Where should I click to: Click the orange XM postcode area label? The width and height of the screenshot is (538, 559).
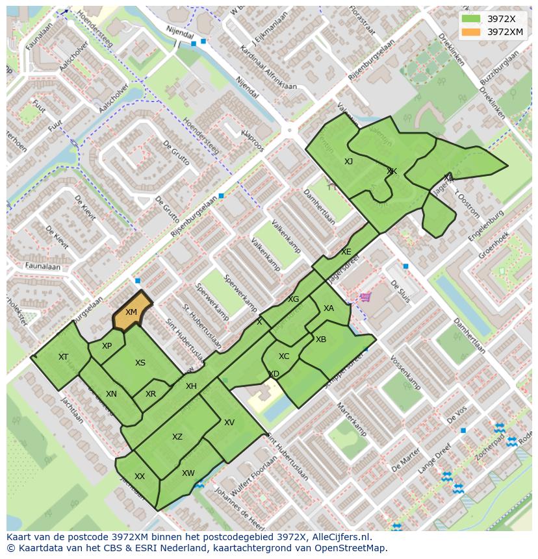pyautogui.click(x=131, y=312)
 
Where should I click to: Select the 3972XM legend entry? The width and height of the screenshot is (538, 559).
pyautogui.click(x=505, y=31)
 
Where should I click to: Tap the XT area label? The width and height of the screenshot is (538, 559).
pyautogui.click(x=63, y=357)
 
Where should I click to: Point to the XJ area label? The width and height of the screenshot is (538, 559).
pyautogui.click(x=349, y=162)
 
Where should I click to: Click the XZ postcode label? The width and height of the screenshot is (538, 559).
pyautogui.click(x=177, y=437)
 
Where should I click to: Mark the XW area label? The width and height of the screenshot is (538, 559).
pyautogui.click(x=188, y=473)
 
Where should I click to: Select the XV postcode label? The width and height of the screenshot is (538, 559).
pyautogui.click(x=229, y=423)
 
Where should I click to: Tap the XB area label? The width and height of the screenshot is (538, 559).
pyautogui.click(x=321, y=340)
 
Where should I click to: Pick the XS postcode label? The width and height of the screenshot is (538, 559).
pyautogui.click(x=140, y=363)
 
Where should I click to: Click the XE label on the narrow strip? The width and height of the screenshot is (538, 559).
pyautogui.click(x=346, y=252)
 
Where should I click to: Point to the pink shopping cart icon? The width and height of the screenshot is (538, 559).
pyautogui.click(x=366, y=297)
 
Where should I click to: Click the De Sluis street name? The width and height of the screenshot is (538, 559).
pyautogui.click(x=400, y=292)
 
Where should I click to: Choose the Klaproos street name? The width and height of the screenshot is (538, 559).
pyautogui.click(x=252, y=139)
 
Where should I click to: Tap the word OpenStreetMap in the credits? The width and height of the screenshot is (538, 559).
pyautogui.click(x=352, y=548)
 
